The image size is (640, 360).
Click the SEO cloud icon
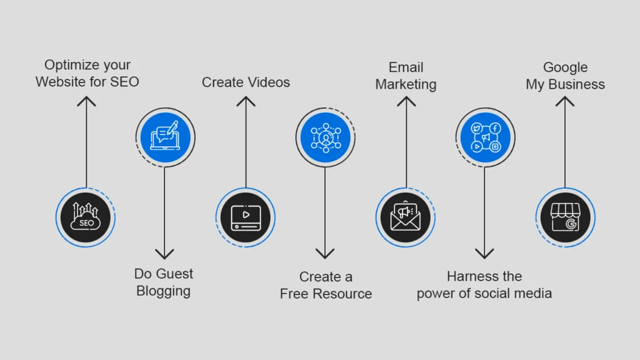(85, 217)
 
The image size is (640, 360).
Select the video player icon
(246, 217)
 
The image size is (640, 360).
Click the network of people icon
(326, 137)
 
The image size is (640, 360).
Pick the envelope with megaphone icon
(405, 216)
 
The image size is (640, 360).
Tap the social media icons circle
(485, 137)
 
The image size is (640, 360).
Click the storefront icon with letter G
(565, 217)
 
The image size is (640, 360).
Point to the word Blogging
(163, 291)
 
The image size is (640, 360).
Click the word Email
(406, 67)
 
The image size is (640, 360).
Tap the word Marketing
(406, 84)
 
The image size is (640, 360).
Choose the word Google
(565, 67)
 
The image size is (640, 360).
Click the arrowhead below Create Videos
(246, 101)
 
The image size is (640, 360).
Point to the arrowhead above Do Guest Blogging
(164, 254)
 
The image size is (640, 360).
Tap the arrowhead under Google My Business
(565, 101)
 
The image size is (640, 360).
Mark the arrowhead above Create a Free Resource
(325, 254)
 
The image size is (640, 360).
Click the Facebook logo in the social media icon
(495, 128)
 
